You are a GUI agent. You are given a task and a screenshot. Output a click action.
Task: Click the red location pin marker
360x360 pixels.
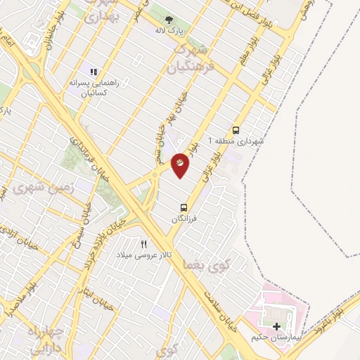180,165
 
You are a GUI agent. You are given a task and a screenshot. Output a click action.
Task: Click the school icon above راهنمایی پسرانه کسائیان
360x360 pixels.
92,71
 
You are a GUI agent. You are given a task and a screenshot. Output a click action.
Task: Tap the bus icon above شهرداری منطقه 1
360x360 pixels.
236,130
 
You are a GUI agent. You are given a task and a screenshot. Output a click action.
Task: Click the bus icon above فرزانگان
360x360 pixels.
184,207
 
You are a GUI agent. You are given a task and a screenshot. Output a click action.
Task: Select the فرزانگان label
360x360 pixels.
185,219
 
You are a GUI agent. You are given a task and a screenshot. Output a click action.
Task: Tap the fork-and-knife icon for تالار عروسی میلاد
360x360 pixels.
144,244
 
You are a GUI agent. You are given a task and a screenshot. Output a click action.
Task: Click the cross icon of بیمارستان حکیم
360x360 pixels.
276,326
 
